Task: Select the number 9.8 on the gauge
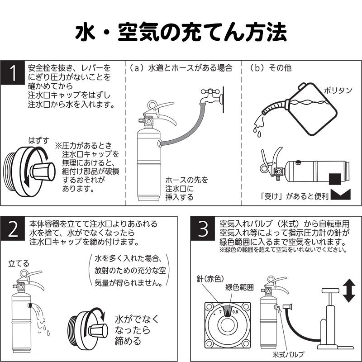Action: point(235,312)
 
